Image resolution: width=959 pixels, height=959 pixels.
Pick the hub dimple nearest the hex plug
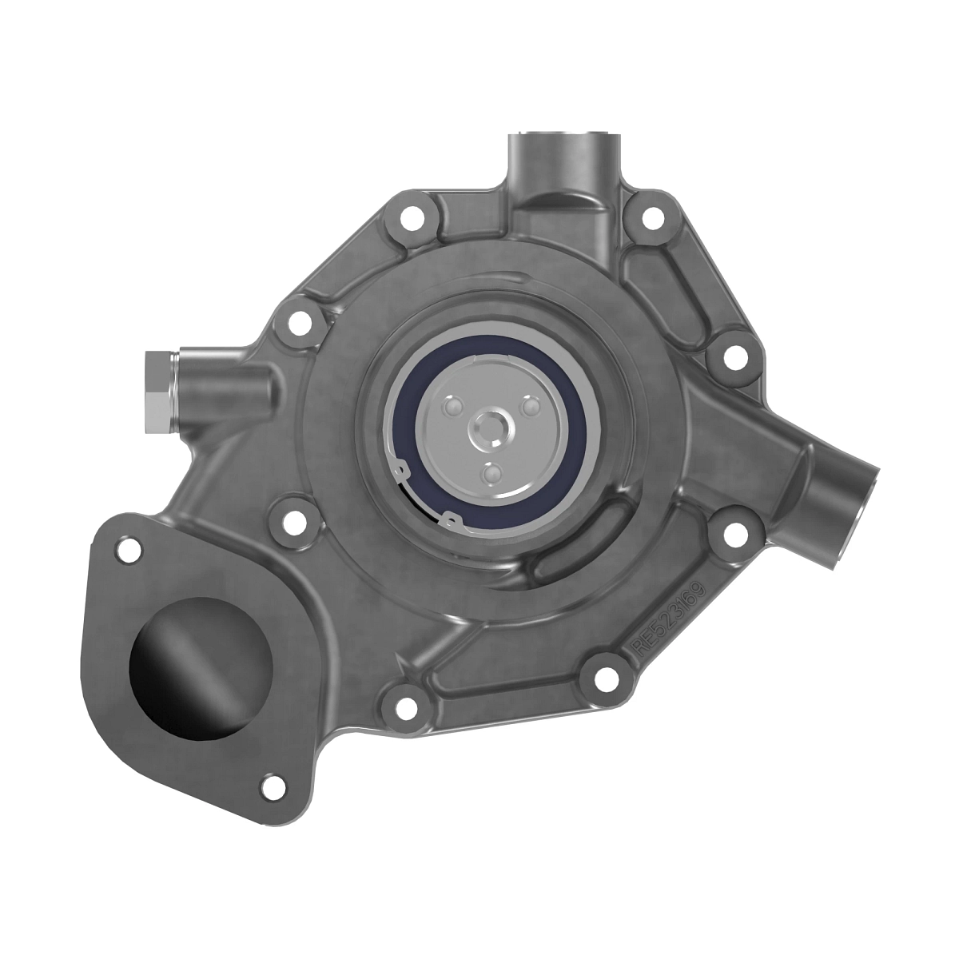(453, 408)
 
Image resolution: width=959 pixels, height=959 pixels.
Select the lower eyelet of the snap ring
(452, 521)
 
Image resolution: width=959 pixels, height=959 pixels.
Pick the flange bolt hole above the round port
(125, 548)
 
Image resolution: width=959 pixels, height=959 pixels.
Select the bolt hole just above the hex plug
(299, 323)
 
